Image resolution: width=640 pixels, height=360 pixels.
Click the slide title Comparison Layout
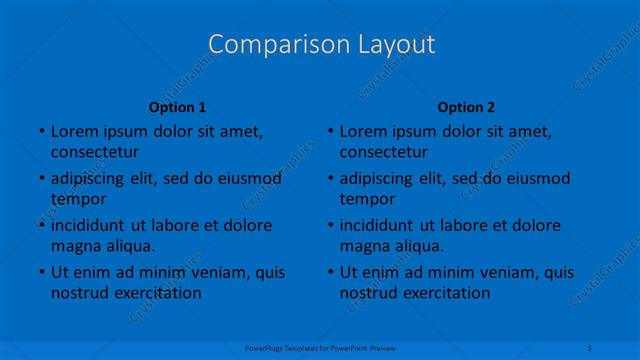(321, 45)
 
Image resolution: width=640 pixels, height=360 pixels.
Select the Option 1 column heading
(177, 107)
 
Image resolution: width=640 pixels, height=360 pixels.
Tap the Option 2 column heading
(466, 107)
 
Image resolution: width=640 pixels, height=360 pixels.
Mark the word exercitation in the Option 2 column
(446, 293)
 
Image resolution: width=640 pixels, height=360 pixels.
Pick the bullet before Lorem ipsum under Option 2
(328, 131)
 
